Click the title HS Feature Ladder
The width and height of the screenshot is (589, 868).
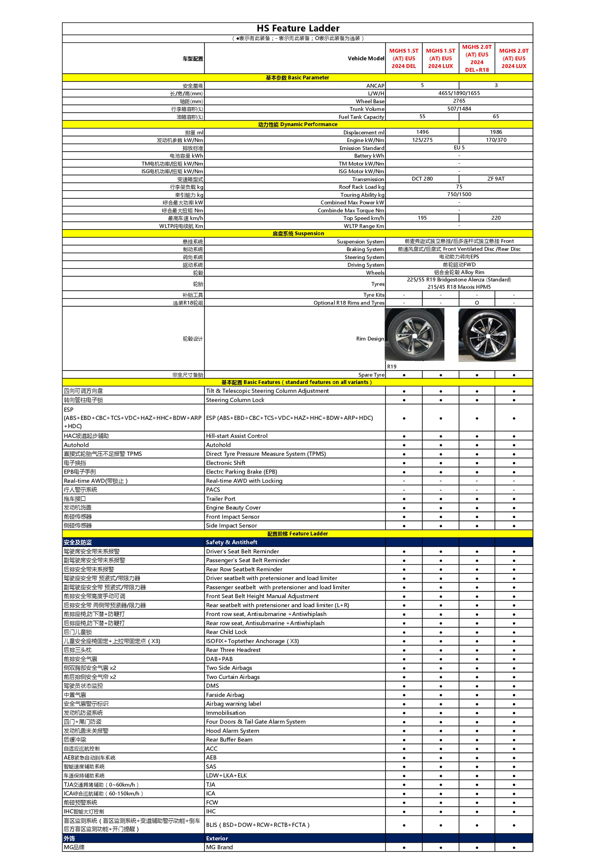pos(298,28)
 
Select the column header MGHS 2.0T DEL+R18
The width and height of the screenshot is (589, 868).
pos(477,58)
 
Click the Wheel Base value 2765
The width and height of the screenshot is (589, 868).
pos(459,101)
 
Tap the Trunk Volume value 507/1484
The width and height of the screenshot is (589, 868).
pos(459,109)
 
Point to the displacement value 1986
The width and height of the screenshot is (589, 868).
pos(496,132)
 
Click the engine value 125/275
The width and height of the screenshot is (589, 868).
pos(422,140)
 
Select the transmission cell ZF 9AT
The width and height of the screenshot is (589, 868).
pos(496,179)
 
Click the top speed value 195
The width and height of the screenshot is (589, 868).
pos(422,218)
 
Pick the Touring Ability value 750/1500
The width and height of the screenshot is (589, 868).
pos(459,194)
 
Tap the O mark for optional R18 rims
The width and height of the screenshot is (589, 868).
pos(477,303)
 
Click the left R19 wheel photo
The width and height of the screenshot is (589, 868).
pos(414,334)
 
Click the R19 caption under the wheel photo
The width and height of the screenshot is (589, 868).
pos(391,366)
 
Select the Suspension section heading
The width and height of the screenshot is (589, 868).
pos(298,234)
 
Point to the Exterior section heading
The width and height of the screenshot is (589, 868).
pos(217,839)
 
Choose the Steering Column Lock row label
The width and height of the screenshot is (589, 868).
pos(235,400)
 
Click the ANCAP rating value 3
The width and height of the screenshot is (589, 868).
pos(496,85)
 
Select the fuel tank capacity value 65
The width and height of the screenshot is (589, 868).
pos(496,117)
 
